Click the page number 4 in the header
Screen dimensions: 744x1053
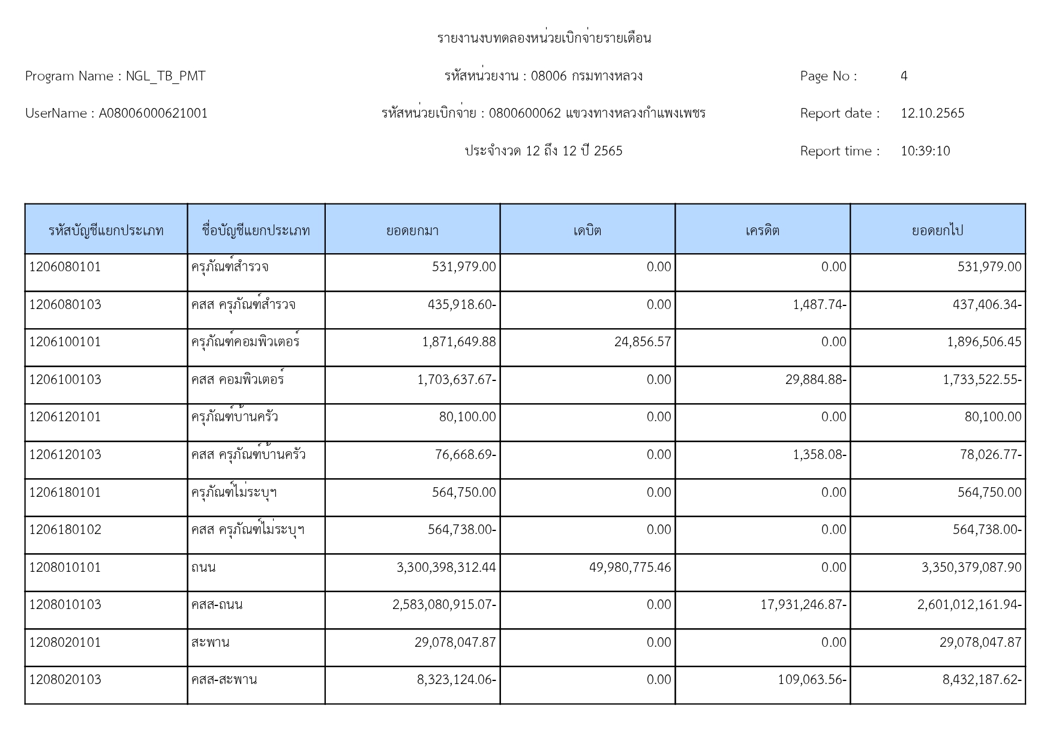pos(904,76)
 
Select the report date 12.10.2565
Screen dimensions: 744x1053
pos(932,113)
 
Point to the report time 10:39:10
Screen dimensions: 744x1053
pos(925,151)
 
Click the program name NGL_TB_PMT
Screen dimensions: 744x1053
pos(165,76)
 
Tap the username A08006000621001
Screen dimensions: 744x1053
pos(153,113)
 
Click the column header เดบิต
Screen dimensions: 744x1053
pos(587,230)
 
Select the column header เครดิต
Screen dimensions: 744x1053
pos(762,230)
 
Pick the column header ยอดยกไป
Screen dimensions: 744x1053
pos(937,230)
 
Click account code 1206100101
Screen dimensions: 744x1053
pos(65,342)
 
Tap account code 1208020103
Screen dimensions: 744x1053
pos(65,680)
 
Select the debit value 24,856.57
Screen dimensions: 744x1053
pos(642,342)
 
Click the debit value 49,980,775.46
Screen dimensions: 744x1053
pos(629,568)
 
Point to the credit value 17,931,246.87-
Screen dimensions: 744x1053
pos(803,605)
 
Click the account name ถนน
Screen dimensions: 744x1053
pos(203,568)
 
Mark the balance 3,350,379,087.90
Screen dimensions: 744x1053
pos(971,568)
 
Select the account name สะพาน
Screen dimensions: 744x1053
pos(210,643)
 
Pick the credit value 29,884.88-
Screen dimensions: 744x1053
pos(815,380)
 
